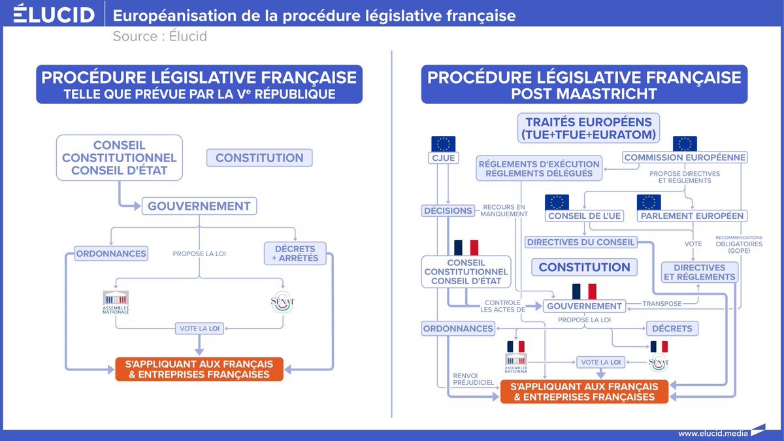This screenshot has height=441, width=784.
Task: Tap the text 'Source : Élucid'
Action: click(x=159, y=36)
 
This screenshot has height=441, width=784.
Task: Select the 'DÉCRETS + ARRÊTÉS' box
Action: click(x=295, y=253)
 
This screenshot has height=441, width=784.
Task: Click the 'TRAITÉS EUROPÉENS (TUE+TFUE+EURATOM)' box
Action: click(x=589, y=128)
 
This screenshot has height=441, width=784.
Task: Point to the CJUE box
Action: click(x=443, y=157)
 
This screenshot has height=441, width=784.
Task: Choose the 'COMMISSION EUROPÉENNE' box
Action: click(x=684, y=157)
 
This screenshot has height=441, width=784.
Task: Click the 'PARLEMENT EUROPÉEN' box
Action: click(x=691, y=216)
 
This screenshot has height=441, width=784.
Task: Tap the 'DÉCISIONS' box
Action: click(x=448, y=211)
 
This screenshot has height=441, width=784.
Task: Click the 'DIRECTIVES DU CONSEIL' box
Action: click(x=580, y=242)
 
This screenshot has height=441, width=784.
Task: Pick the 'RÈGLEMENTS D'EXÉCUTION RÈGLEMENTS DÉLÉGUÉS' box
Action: click(x=538, y=169)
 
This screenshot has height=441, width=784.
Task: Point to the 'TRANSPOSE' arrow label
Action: click(x=662, y=303)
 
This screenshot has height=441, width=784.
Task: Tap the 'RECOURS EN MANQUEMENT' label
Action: click(x=503, y=211)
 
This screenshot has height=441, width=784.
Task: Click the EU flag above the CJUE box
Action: click(x=443, y=144)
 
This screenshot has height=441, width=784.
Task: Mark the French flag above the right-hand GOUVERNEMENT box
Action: click(x=584, y=291)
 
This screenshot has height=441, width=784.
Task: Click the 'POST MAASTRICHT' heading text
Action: click(x=584, y=94)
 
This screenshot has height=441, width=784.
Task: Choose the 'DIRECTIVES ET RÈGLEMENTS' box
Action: click(x=699, y=272)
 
